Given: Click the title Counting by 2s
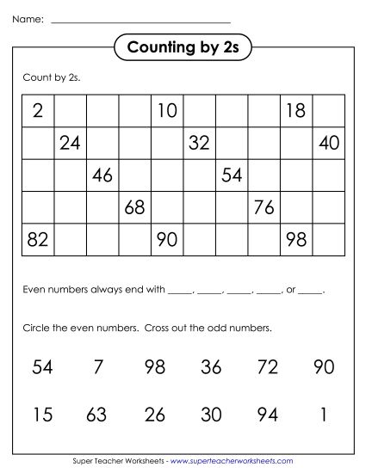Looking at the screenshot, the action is pos(182,47).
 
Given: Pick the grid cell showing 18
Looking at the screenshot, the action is pos(295,110).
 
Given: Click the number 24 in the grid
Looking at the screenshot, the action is pos(70,143).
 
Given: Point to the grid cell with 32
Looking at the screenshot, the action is pos(199,143).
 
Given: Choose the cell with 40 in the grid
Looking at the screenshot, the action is pos(328,143).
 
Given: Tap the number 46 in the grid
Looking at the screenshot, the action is pos(102,175).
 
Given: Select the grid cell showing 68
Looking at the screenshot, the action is pos(134,207).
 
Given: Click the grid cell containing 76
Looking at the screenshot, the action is pos(264,207).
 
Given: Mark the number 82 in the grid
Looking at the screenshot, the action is pos(37,239).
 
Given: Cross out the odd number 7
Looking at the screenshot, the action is pos(97,367).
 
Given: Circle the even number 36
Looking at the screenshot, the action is pos(211,367).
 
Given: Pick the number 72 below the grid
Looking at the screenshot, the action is pos(267,367).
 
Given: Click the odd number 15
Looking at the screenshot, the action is pos(41,415).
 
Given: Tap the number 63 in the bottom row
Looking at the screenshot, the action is pos(96,415).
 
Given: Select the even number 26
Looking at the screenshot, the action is pos(155,415).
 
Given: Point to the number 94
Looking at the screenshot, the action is pos(267,415).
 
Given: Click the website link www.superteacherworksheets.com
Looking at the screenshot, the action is pos(233,461).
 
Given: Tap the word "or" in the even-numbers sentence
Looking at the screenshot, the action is pos(290,291).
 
